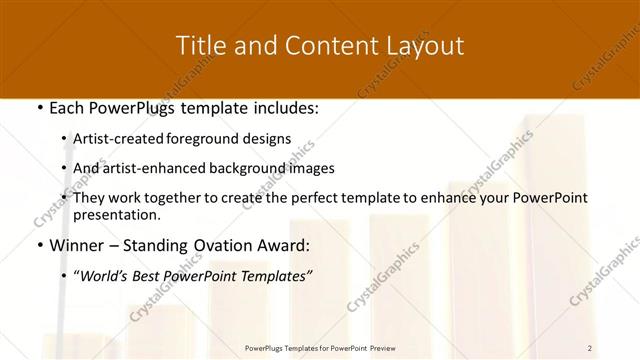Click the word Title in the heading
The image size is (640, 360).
[198, 46]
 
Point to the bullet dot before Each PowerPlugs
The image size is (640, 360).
[39, 108]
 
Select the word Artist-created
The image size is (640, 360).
[119, 139]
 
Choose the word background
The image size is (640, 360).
[244, 168]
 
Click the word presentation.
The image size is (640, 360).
[117, 214]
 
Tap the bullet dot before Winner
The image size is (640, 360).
[39, 245]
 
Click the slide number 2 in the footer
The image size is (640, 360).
[590, 347]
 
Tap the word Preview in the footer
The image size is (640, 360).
[382, 347]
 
